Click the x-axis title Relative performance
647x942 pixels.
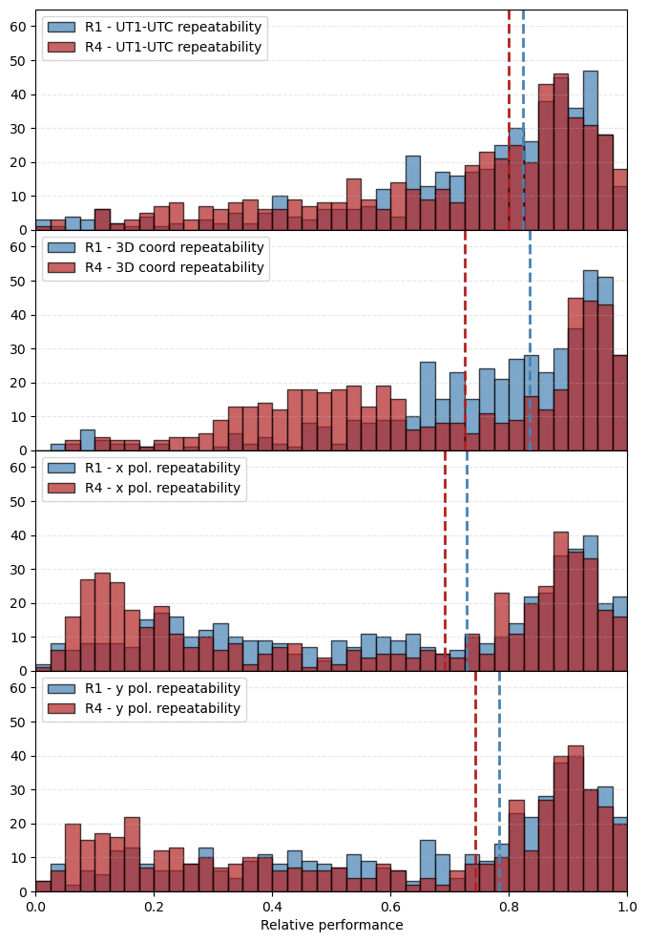point(331,925)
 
